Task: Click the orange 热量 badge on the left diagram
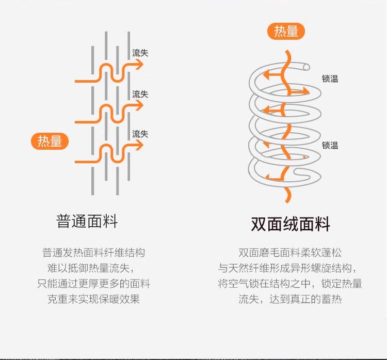[x=50, y=141]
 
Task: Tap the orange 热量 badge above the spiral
[x=286, y=32]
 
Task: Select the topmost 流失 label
[x=140, y=53]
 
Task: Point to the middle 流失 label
[x=140, y=94]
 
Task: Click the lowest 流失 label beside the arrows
[x=140, y=134]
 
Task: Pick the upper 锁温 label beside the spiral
[x=330, y=79]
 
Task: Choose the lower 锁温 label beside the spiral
[x=330, y=145]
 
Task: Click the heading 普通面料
[x=87, y=222]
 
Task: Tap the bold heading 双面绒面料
[x=290, y=224]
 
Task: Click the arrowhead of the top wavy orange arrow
[x=139, y=65]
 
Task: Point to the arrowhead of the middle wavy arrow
[x=139, y=105]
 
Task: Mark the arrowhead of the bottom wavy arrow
[x=139, y=145]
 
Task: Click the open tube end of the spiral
[x=306, y=67]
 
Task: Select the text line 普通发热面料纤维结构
[x=93, y=253]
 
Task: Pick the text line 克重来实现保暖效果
[x=93, y=299]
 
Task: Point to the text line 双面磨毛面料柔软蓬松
[x=289, y=253]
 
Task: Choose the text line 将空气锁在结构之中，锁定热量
[x=289, y=284]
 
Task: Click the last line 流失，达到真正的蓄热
[x=289, y=299]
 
